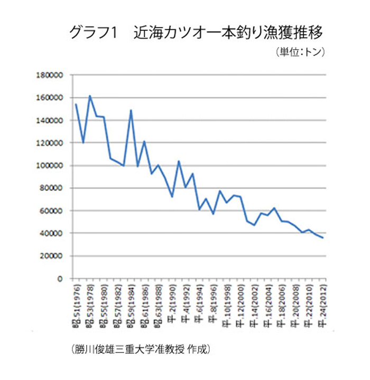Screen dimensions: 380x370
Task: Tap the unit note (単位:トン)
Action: click(299, 52)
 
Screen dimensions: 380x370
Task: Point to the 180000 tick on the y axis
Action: click(51, 75)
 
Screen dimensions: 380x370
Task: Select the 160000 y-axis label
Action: click(51, 98)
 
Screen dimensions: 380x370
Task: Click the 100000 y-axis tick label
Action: click(51, 166)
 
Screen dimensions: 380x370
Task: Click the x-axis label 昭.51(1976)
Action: click(76, 304)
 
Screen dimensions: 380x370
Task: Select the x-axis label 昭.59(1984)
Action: click(131, 304)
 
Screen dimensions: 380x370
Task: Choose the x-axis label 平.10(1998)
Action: click(227, 304)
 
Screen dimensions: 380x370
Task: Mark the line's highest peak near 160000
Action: click(90, 96)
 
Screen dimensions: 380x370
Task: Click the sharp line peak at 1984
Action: click(131, 110)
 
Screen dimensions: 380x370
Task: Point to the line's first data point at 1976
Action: click(76, 104)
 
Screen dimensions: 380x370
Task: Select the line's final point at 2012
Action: click(322, 238)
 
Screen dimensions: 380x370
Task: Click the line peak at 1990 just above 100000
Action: click(179, 161)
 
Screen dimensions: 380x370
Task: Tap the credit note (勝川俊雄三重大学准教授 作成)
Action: click(140, 349)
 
